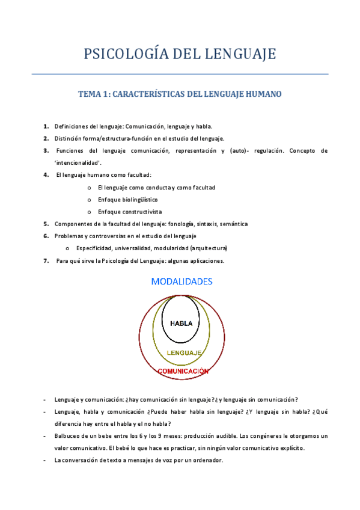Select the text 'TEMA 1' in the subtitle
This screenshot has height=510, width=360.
click(x=93, y=94)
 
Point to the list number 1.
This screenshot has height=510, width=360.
click(x=46, y=126)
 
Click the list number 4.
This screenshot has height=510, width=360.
click(x=46, y=175)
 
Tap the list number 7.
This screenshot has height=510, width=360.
click(x=46, y=261)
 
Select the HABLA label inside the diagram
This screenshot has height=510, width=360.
click(x=181, y=323)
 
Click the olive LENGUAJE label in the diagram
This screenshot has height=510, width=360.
click(x=183, y=352)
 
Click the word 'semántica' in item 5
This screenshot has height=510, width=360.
click(x=233, y=224)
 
